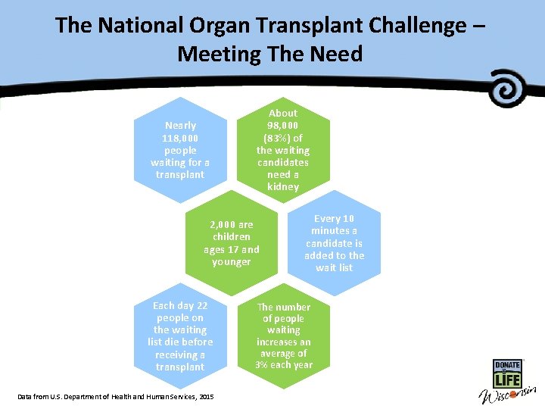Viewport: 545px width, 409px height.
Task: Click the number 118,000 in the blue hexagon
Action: [x=180, y=138]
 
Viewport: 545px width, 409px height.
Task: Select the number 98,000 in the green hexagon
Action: [x=283, y=125]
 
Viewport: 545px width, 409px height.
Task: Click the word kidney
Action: [x=283, y=186]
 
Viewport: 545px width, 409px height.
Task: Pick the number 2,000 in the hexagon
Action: [x=222, y=225]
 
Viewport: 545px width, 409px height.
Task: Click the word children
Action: [x=231, y=237]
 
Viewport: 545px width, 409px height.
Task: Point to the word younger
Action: [x=231, y=262]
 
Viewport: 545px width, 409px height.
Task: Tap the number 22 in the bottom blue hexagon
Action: [x=201, y=305]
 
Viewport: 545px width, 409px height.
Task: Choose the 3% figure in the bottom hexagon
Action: [x=263, y=365]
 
